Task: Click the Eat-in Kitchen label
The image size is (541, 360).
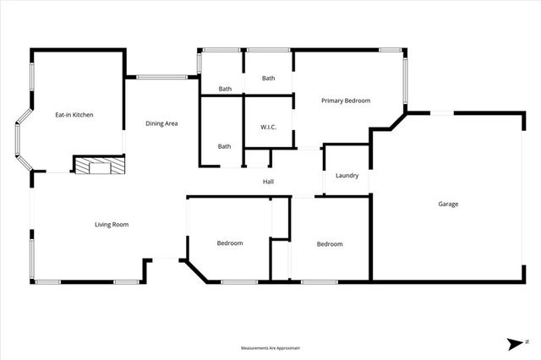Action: click(74, 114)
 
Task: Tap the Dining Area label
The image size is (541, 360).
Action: click(161, 124)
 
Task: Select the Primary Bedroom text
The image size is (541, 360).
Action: click(346, 101)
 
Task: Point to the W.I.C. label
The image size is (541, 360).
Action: click(269, 127)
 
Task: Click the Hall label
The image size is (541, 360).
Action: click(268, 182)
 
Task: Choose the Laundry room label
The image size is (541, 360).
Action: click(347, 176)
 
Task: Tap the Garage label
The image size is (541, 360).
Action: click(448, 204)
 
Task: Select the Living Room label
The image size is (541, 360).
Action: click(111, 224)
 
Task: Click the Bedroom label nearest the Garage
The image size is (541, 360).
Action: click(330, 244)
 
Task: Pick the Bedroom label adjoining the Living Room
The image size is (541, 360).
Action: click(230, 243)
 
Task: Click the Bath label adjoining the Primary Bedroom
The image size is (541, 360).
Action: click(268, 79)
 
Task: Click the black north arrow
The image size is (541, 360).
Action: click(515, 343)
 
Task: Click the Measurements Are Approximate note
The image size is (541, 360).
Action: click(270, 347)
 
